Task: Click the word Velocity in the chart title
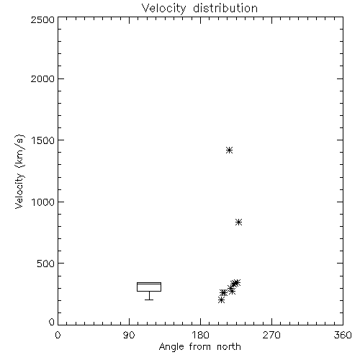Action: (163, 9)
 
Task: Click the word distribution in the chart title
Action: (225, 8)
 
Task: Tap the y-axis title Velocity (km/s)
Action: (19, 171)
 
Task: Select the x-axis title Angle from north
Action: (199, 347)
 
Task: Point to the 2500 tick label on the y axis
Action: (42, 19)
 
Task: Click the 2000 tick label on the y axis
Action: (42, 78)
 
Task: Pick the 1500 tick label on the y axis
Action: (43, 140)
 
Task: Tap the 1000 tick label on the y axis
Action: (43, 202)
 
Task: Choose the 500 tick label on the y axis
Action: (46, 264)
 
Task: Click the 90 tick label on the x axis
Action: (129, 335)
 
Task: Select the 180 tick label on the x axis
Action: (200, 335)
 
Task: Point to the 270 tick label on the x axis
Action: (271, 335)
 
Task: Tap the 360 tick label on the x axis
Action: (343, 335)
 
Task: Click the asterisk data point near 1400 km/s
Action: (229, 150)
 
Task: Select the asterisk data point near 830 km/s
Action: (238, 222)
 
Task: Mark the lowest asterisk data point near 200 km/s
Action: (221, 300)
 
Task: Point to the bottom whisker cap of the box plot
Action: (149, 300)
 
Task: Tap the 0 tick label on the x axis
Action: (58, 335)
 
